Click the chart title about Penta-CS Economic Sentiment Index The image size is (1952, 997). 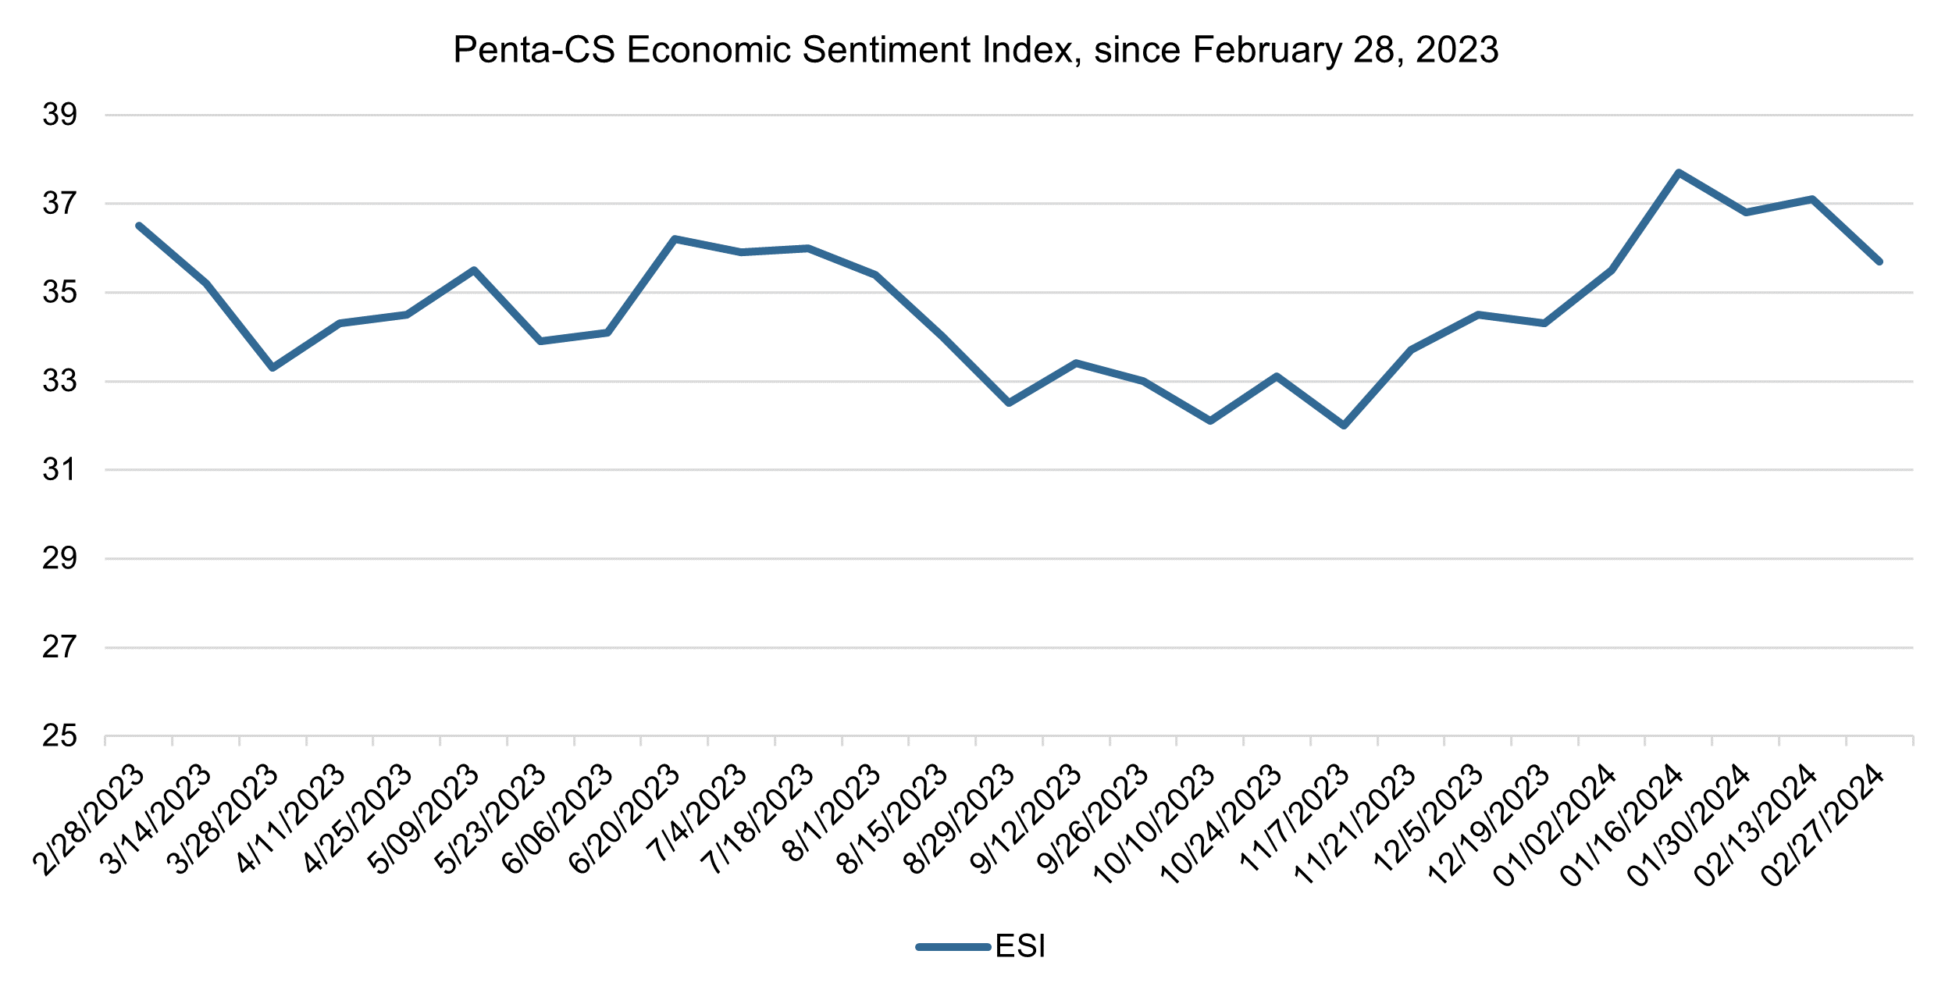[975, 50]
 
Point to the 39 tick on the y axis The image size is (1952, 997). [60, 115]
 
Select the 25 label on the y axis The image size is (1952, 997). [60, 735]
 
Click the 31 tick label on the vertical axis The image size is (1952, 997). [60, 470]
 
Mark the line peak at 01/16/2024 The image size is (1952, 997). [1678, 172]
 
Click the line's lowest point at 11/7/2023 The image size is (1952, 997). [1344, 426]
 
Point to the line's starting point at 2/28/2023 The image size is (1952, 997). [139, 226]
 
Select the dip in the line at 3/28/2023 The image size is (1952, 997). [272, 368]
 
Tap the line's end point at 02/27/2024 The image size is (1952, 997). [1879, 262]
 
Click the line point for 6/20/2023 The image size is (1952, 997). [674, 239]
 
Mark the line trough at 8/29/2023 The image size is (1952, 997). [1009, 403]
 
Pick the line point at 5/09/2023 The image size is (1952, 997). [473, 270]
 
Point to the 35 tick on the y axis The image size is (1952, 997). [60, 293]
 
